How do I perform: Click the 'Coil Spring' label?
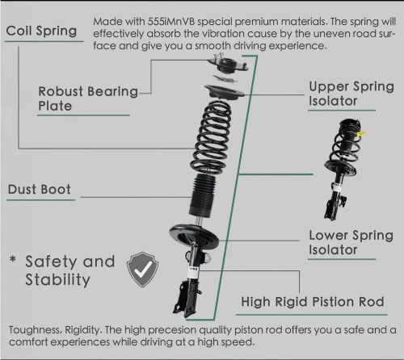(x=41, y=31)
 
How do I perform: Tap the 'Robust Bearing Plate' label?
(x=88, y=98)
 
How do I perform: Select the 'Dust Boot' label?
(x=40, y=189)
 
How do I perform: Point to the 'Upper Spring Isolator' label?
(x=351, y=94)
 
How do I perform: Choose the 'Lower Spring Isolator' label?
(x=351, y=242)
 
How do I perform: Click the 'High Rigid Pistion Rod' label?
(x=313, y=302)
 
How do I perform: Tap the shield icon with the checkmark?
(x=142, y=270)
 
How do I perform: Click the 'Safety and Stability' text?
(x=70, y=270)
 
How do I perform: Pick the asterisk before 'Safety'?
(x=13, y=259)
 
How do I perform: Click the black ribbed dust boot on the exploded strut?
(x=203, y=195)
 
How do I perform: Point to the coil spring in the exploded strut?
(x=212, y=137)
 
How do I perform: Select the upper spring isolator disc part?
(x=224, y=92)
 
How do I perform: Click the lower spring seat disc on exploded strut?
(x=194, y=235)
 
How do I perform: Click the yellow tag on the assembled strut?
(x=361, y=133)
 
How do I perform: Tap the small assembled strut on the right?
(x=343, y=170)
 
